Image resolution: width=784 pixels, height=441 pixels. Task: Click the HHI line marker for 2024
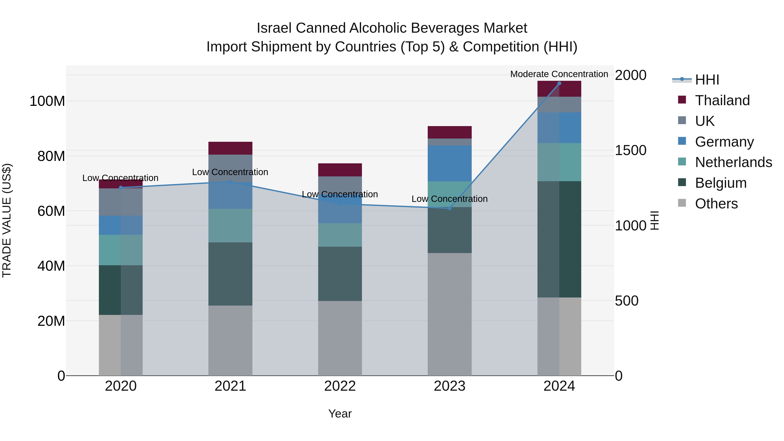coord(559,83)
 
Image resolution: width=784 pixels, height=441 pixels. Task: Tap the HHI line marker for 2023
coord(449,208)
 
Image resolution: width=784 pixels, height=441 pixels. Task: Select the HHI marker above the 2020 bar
coord(121,188)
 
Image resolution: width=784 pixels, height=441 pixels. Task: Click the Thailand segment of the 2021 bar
coord(230,148)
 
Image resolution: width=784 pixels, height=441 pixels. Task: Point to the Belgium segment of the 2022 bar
coord(340,274)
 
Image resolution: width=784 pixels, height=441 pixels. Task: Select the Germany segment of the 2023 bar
coord(449,163)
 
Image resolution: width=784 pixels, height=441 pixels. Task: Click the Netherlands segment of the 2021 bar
coord(230,226)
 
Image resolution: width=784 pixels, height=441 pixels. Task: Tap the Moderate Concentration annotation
coord(559,74)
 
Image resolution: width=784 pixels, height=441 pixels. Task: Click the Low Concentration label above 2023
coord(449,199)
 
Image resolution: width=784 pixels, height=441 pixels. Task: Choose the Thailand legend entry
coord(722,100)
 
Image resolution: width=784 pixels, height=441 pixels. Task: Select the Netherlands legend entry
coord(733,162)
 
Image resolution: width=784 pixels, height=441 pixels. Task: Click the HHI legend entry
coord(707,80)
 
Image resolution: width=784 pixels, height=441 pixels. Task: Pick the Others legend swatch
coord(682,203)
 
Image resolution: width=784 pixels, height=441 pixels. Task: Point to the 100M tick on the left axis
coord(47,101)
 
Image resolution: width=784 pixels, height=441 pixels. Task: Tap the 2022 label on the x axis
coord(340,386)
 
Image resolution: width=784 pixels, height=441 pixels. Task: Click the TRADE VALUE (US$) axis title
coord(7,220)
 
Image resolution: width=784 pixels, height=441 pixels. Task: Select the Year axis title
coord(340,414)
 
